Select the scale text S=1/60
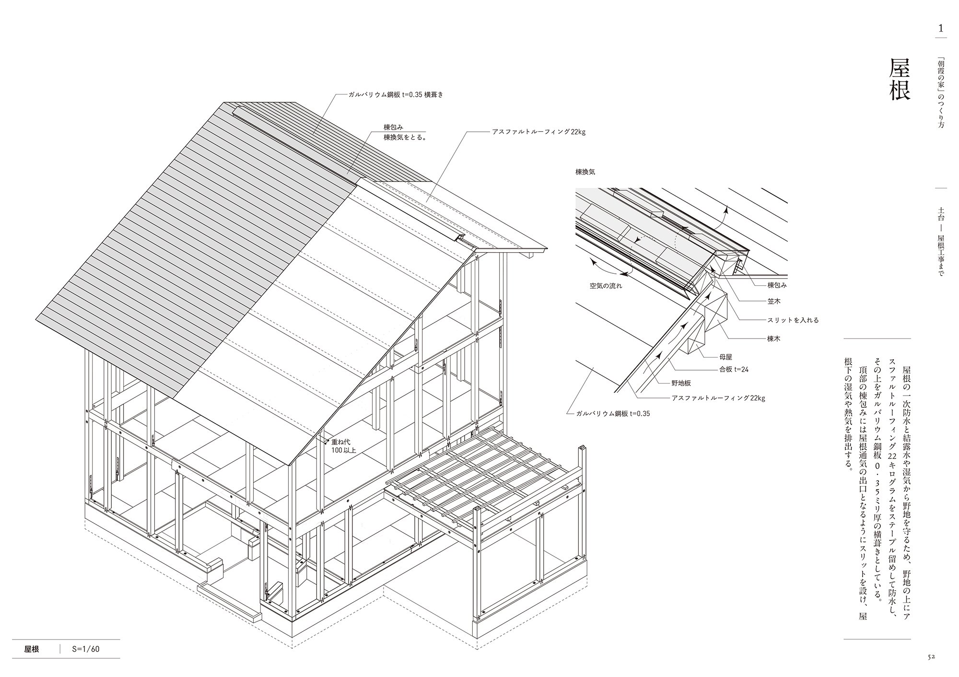pos(86,650)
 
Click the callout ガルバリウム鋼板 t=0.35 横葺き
pos(396,94)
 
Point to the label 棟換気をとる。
pos(405,137)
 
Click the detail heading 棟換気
pos(585,171)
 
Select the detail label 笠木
pos(774,302)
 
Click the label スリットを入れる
pos(793,320)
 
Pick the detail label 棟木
pos(774,338)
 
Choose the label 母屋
pos(725,357)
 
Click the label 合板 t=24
pos(734,369)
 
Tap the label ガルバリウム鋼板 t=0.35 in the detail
pos(613,413)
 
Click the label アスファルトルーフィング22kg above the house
pos(538,131)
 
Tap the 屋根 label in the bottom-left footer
pos(32,650)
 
